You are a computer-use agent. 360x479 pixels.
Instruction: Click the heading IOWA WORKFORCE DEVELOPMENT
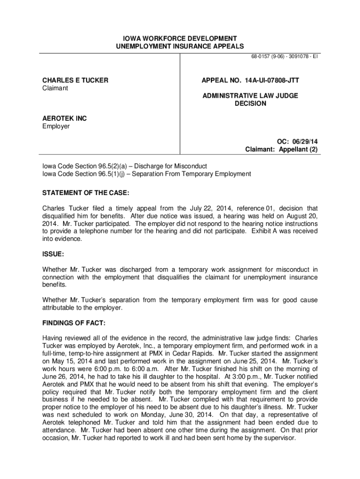(180, 38)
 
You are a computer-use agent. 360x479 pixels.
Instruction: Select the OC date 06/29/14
(305, 142)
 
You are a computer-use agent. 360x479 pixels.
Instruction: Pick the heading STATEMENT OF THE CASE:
(86, 193)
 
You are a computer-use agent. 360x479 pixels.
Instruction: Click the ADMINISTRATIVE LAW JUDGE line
(250, 96)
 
